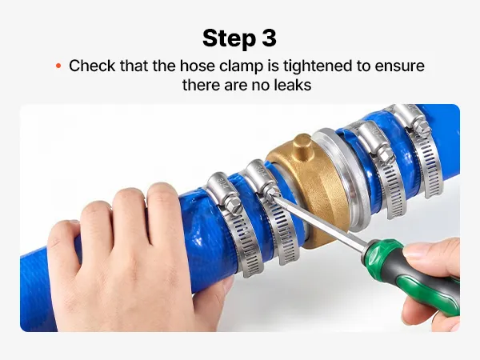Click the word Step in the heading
tap(230, 38)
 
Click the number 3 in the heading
tap(270, 38)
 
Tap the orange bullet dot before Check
tap(58, 66)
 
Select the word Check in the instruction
tap(92, 66)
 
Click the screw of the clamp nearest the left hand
tap(231, 203)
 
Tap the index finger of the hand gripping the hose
tap(162, 211)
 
